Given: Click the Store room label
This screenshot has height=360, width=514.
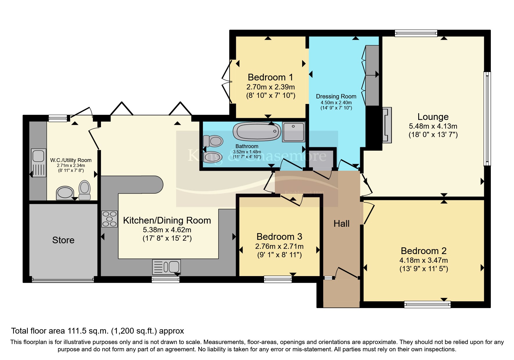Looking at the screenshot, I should pyautogui.click(x=63, y=240).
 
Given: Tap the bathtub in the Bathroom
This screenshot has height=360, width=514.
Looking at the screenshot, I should pyautogui.click(x=257, y=132).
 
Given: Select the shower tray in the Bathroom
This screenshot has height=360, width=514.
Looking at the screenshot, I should pyautogui.click(x=294, y=132).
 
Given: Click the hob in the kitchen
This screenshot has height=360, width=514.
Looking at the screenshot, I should pyautogui.click(x=109, y=219).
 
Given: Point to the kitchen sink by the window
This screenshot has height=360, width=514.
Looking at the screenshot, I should pyautogui.click(x=167, y=267).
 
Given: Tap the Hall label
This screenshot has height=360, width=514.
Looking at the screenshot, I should pyautogui.click(x=341, y=224).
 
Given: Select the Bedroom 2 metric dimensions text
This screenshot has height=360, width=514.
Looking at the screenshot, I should pyautogui.click(x=423, y=260).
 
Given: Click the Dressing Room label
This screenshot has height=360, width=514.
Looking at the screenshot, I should pyautogui.click(x=336, y=96).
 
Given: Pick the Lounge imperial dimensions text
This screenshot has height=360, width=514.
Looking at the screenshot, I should pyautogui.click(x=433, y=135).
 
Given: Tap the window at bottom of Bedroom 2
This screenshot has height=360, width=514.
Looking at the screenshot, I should pyautogui.click(x=427, y=304).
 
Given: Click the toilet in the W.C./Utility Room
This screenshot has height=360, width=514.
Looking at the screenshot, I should pyautogui.click(x=85, y=190).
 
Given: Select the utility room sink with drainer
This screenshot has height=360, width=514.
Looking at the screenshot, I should pyautogui.click(x=39, y=163).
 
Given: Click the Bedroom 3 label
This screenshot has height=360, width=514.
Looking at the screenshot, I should pyautogui.click(x=279, y=237).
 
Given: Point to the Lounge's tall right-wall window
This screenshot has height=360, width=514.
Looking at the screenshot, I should pyautogui.click(x=487, y=118).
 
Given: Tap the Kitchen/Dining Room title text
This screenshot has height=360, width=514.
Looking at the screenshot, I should pyautogui.click(x=167, y=220).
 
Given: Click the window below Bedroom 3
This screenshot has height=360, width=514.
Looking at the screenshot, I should pyautogui.click(x=278, y=279).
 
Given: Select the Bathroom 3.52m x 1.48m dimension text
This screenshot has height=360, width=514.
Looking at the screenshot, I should pyautogui.click(x=247, y=152).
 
